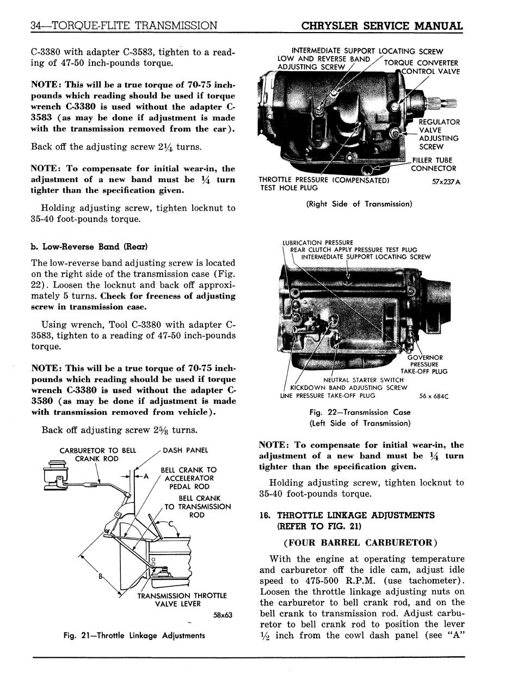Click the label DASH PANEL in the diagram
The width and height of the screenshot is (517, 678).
[185, 450]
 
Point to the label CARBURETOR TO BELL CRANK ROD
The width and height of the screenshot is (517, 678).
[98, 455]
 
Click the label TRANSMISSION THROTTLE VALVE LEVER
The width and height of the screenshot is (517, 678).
[182, 600]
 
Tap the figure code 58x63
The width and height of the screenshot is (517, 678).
[223, 615]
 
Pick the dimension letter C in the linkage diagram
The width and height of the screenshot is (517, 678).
[170, 524]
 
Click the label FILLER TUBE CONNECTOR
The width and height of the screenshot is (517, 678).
[434, 164]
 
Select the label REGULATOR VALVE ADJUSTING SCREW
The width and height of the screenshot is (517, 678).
[439, 134]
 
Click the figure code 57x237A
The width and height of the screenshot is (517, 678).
[446, 182]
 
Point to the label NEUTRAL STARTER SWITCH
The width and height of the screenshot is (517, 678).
[364, 380]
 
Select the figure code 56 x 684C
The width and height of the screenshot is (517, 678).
[434, 396]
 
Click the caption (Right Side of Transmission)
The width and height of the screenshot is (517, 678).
[359, 204]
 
